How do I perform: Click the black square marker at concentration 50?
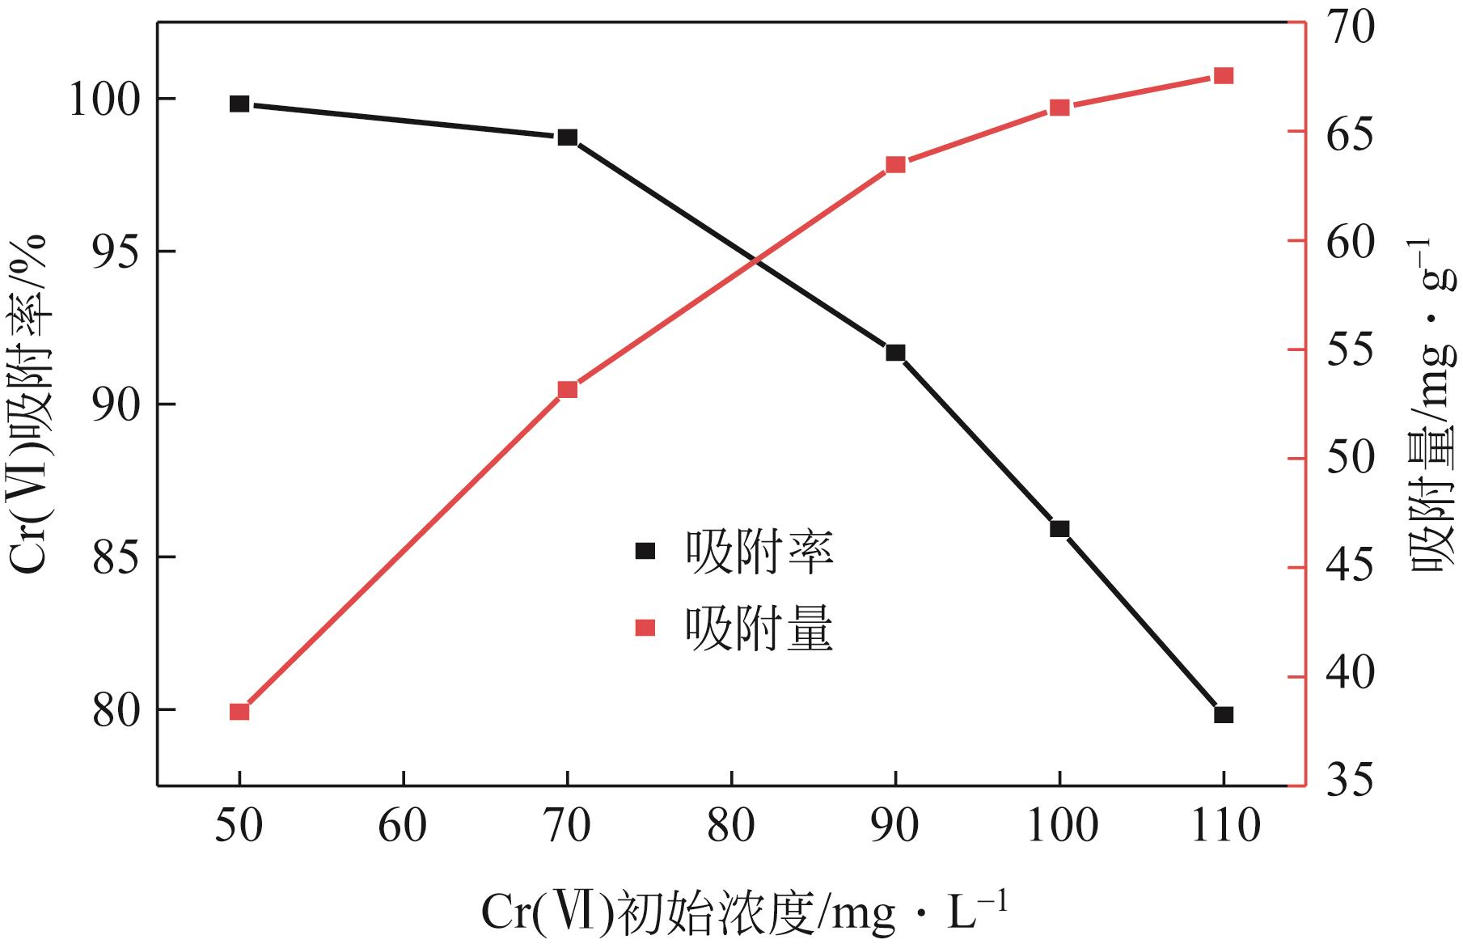click(x=239, y=104)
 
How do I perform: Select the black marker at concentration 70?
click(x=568, y=138)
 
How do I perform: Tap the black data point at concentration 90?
click(x=895, y=353)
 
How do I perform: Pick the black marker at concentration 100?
click(x=1059, y=529)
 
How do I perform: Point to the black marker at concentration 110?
click(x=1224, y=715)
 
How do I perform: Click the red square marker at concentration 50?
click(x=239, y=712)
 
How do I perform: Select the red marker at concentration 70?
click(x=568, y=390)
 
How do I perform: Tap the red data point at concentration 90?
click(x=895, y=165)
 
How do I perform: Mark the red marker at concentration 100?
click(x=1059, y=108)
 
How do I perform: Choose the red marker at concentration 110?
click(x=1224, y=76)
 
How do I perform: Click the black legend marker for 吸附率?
click(x=645, y=551)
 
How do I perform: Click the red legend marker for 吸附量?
click(x=645, y=628)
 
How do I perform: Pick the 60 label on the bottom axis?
click(x=403, y=827)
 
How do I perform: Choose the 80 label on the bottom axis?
click(x=731, y=827)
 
